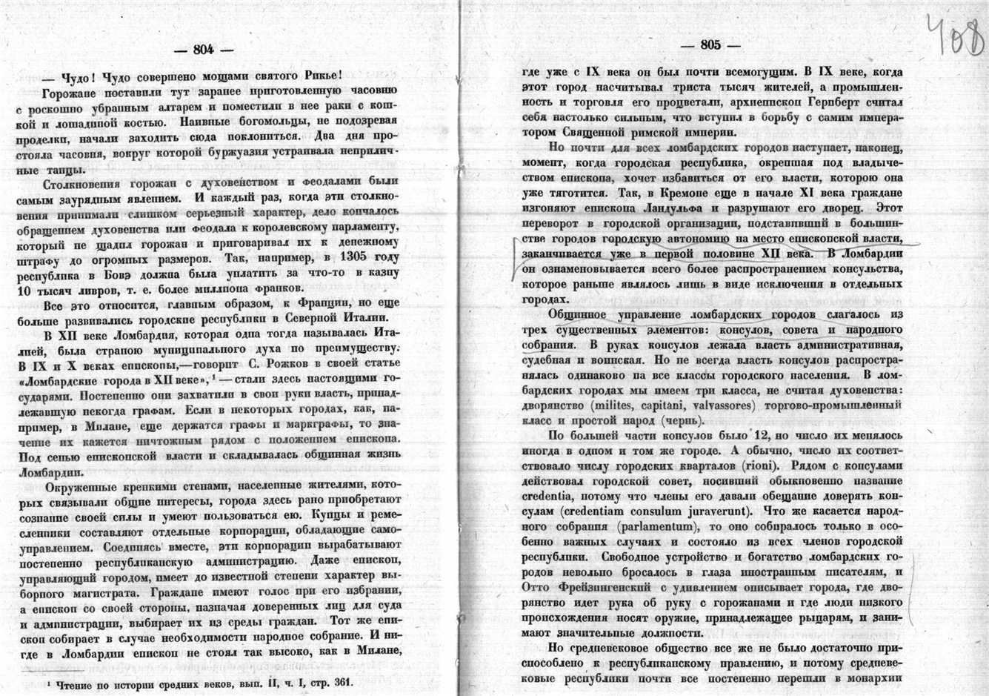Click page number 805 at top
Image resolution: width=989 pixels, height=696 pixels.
coord(710,44)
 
